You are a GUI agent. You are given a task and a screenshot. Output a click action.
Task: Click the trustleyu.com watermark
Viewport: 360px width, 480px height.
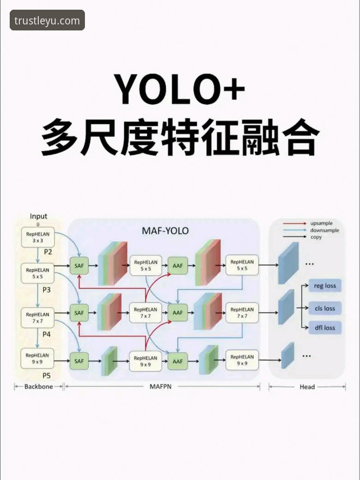pyautogui.click(x=47, y=20)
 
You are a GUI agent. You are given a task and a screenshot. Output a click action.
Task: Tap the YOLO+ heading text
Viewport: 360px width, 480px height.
pyautogui.click(x=180, y=88)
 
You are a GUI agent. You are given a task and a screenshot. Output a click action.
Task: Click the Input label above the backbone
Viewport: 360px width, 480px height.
pyautogui.click(x=38, y=216)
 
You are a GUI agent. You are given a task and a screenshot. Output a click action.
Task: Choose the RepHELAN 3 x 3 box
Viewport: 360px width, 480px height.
pyautogui.click(x=38, y=237)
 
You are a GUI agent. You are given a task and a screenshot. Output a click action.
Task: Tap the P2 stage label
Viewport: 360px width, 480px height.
pyautogui.click(x=48, y=252)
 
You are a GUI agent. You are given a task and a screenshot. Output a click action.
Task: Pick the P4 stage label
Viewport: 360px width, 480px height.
pyautogui.click(x=47, y=333)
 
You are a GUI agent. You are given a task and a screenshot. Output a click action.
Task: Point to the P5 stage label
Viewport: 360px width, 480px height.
pyautogui.click(x=47, y=375)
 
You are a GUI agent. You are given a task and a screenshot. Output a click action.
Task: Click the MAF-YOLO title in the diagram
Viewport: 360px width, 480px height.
pyautogui.click(x=165, y=231)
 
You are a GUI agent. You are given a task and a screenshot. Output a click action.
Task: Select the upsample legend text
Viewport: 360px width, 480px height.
pyautogui.click(x=321, y=223)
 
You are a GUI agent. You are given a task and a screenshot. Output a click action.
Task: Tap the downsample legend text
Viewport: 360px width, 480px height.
pyautogui.click(x=324, y=230)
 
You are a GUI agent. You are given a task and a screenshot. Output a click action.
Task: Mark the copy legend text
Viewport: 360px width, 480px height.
pyautogui.click(x=316, y=237)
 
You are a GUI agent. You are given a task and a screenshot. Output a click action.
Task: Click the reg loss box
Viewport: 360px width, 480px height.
pyautogui.click(x=325, y=286)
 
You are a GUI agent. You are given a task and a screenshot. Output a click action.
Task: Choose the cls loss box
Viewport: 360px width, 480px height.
pyautogui.click(x=325, y=308)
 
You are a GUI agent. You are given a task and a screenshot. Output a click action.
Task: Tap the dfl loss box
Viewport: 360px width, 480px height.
pyautogui.click(x=325, y=328)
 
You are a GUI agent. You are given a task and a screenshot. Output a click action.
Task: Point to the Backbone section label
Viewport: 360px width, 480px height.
pyautogui.click(x=39, y=387)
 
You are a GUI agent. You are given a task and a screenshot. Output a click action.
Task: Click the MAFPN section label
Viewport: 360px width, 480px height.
pyautogui.click(x=160, y=386)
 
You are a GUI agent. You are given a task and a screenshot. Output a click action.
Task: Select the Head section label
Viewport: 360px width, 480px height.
pyautogui.click(x=307, y=387)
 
